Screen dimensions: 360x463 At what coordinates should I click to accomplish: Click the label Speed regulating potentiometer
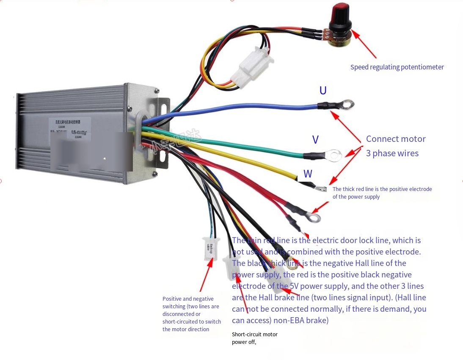[x=397, y=67]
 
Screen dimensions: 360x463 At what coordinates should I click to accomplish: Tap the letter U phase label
[x=323, y=91]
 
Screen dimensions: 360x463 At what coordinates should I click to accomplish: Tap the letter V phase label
[x=315, y=140]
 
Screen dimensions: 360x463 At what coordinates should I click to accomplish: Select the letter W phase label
[x=308, y=174]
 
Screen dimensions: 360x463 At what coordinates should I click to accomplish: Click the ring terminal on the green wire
[x=334, y=155]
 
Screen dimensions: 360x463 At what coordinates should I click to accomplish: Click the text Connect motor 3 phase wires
[x=395, y=146]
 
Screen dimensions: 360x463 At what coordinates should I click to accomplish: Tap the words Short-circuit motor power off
[x=254, y=338]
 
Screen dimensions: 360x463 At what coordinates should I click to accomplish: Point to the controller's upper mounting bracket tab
[x=163, y=103]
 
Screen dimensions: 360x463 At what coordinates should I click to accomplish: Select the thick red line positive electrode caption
[x=382, y=193]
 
